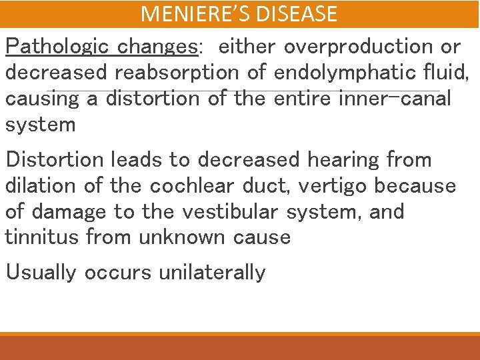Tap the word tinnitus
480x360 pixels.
click(43, 237)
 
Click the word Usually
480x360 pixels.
click(41, 273)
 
